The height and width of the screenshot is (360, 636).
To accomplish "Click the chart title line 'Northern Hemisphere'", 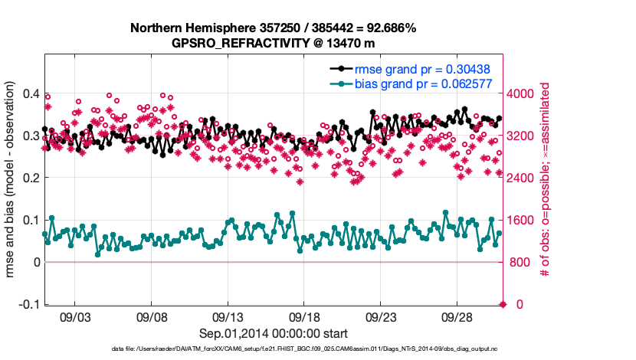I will (x=273, y=28).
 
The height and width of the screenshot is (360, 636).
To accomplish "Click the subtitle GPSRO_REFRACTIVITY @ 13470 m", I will (x=273, y=43).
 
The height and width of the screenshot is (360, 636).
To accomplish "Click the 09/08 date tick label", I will (x=152, y=316).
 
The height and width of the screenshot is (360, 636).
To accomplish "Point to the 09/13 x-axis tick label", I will (x=228, y=316).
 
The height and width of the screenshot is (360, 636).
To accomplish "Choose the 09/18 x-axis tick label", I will (x=304, y=316).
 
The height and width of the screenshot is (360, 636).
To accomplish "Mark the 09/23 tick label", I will (x=381, y=316).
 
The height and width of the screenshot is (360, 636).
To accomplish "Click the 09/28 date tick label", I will (x=457, y=316).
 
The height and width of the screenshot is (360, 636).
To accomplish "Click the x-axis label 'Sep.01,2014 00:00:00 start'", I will (x=274, y=333).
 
